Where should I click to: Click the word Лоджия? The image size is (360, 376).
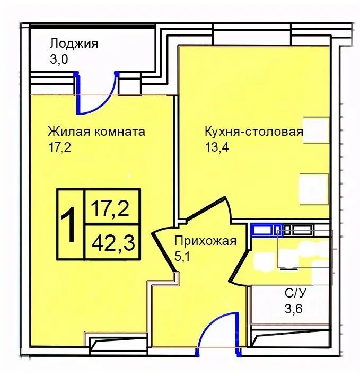pyautogui.click(x=74, y=43)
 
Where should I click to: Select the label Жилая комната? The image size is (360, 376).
pyautogui.click(x=96, y=131)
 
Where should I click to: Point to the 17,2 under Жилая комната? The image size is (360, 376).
pyautogui.click(x=59, y=146)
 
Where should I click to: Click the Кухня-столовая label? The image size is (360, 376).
pyautogui.click(x=253, y=132)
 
